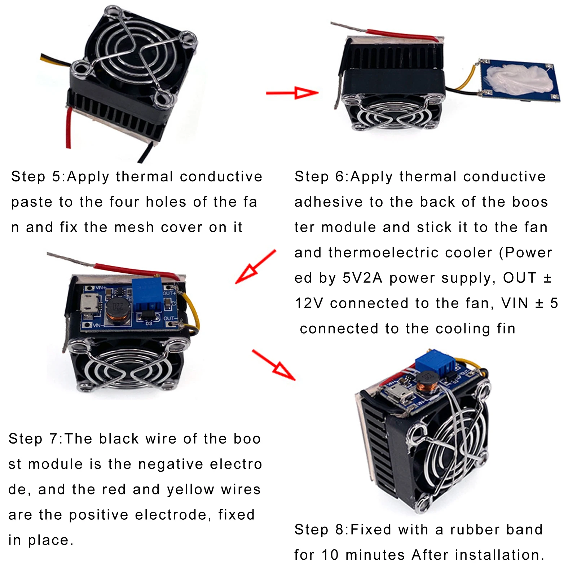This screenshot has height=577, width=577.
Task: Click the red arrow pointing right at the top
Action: pyautogui.click(x=292, y=93)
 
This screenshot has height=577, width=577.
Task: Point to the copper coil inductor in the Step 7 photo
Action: pyautogui.click(x=118, y=310)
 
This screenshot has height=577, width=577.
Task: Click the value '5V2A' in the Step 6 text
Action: pyautogui.click(x=362, y=278)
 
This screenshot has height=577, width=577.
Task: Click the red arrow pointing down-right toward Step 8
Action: pyautogui.click(x=274, y=365)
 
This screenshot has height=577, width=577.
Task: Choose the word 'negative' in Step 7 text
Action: pyautogui.click(x=172, y=464)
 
